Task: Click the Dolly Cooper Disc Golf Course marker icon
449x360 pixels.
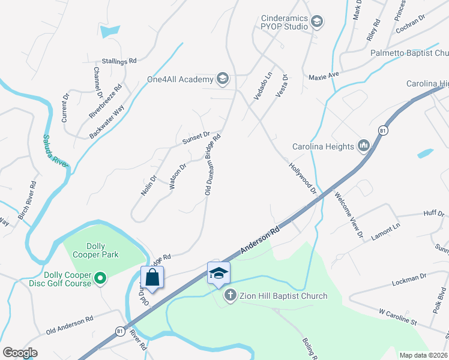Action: [101, 277]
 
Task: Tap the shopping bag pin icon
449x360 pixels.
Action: [152, 277]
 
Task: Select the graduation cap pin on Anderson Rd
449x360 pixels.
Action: [218, 273]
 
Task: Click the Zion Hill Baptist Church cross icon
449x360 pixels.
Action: [230, 296]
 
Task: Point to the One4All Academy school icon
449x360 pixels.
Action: [223, 79]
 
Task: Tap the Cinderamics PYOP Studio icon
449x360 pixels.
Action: [317, 22]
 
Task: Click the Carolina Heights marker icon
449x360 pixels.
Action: [363, 146]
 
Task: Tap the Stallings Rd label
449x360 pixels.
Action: [119, 61]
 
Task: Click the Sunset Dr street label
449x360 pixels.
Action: [196, 138]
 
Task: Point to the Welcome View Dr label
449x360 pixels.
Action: [349, 215]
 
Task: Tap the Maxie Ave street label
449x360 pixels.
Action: [324, 76]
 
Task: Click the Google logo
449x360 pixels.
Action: [20, 352]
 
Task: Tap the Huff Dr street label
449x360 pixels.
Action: [433, 214]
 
